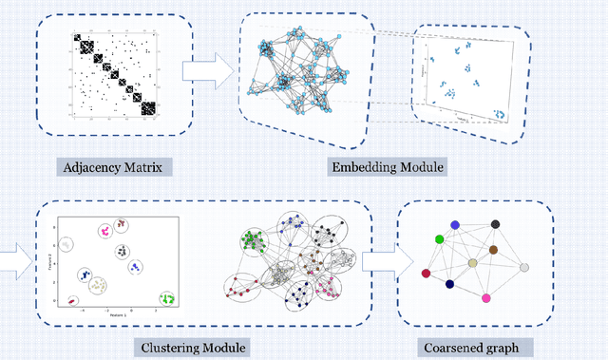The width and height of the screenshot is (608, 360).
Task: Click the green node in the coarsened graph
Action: coord(439,237)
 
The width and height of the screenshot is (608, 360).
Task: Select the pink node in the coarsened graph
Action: coord(485,298)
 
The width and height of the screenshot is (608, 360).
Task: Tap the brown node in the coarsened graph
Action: coord(494,251)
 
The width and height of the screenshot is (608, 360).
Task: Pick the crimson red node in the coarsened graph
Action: coord(426,273)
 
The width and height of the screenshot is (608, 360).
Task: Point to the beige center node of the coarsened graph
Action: coord(472,263)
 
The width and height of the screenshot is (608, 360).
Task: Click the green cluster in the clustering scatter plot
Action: coord(168,297)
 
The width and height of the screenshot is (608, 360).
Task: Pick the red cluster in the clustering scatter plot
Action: coord(72,301)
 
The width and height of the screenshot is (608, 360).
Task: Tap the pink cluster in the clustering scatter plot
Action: coord(104,231)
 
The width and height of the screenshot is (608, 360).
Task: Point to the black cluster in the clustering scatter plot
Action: coord(123,251)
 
